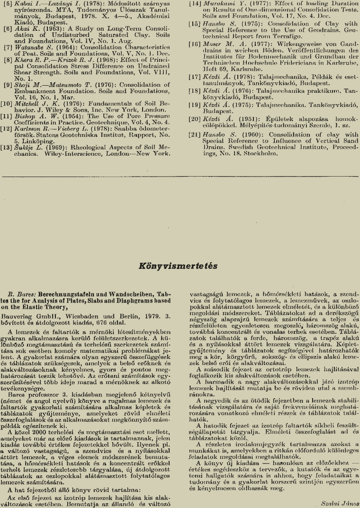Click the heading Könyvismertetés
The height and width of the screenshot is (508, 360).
coord(178,266)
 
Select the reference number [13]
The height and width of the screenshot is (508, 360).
coord(8,147)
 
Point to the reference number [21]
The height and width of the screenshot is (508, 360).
coord(195,135)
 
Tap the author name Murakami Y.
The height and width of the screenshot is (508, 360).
coord(220,4)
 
